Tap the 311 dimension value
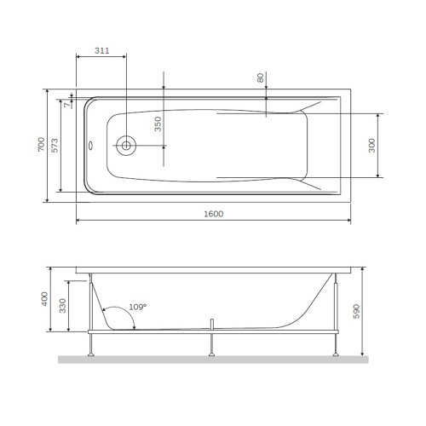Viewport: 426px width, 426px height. coord(101,51)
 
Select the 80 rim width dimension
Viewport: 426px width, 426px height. coord(260,78)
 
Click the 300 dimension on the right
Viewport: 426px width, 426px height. coord(372,146)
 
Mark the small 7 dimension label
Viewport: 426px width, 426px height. coord(63,106)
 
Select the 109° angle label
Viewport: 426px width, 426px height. coord(137,307)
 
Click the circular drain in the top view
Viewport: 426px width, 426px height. coord(126,146)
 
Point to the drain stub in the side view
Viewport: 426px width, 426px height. coord(210,324)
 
